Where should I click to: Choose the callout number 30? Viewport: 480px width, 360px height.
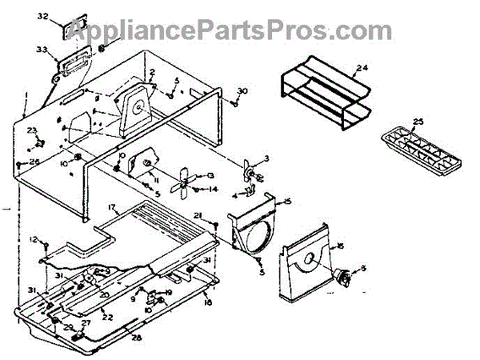(x=243, y=91)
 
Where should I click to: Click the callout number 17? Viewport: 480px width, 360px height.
(x=113, y=208)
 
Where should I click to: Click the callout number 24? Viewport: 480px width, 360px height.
(x=362, y=67)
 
